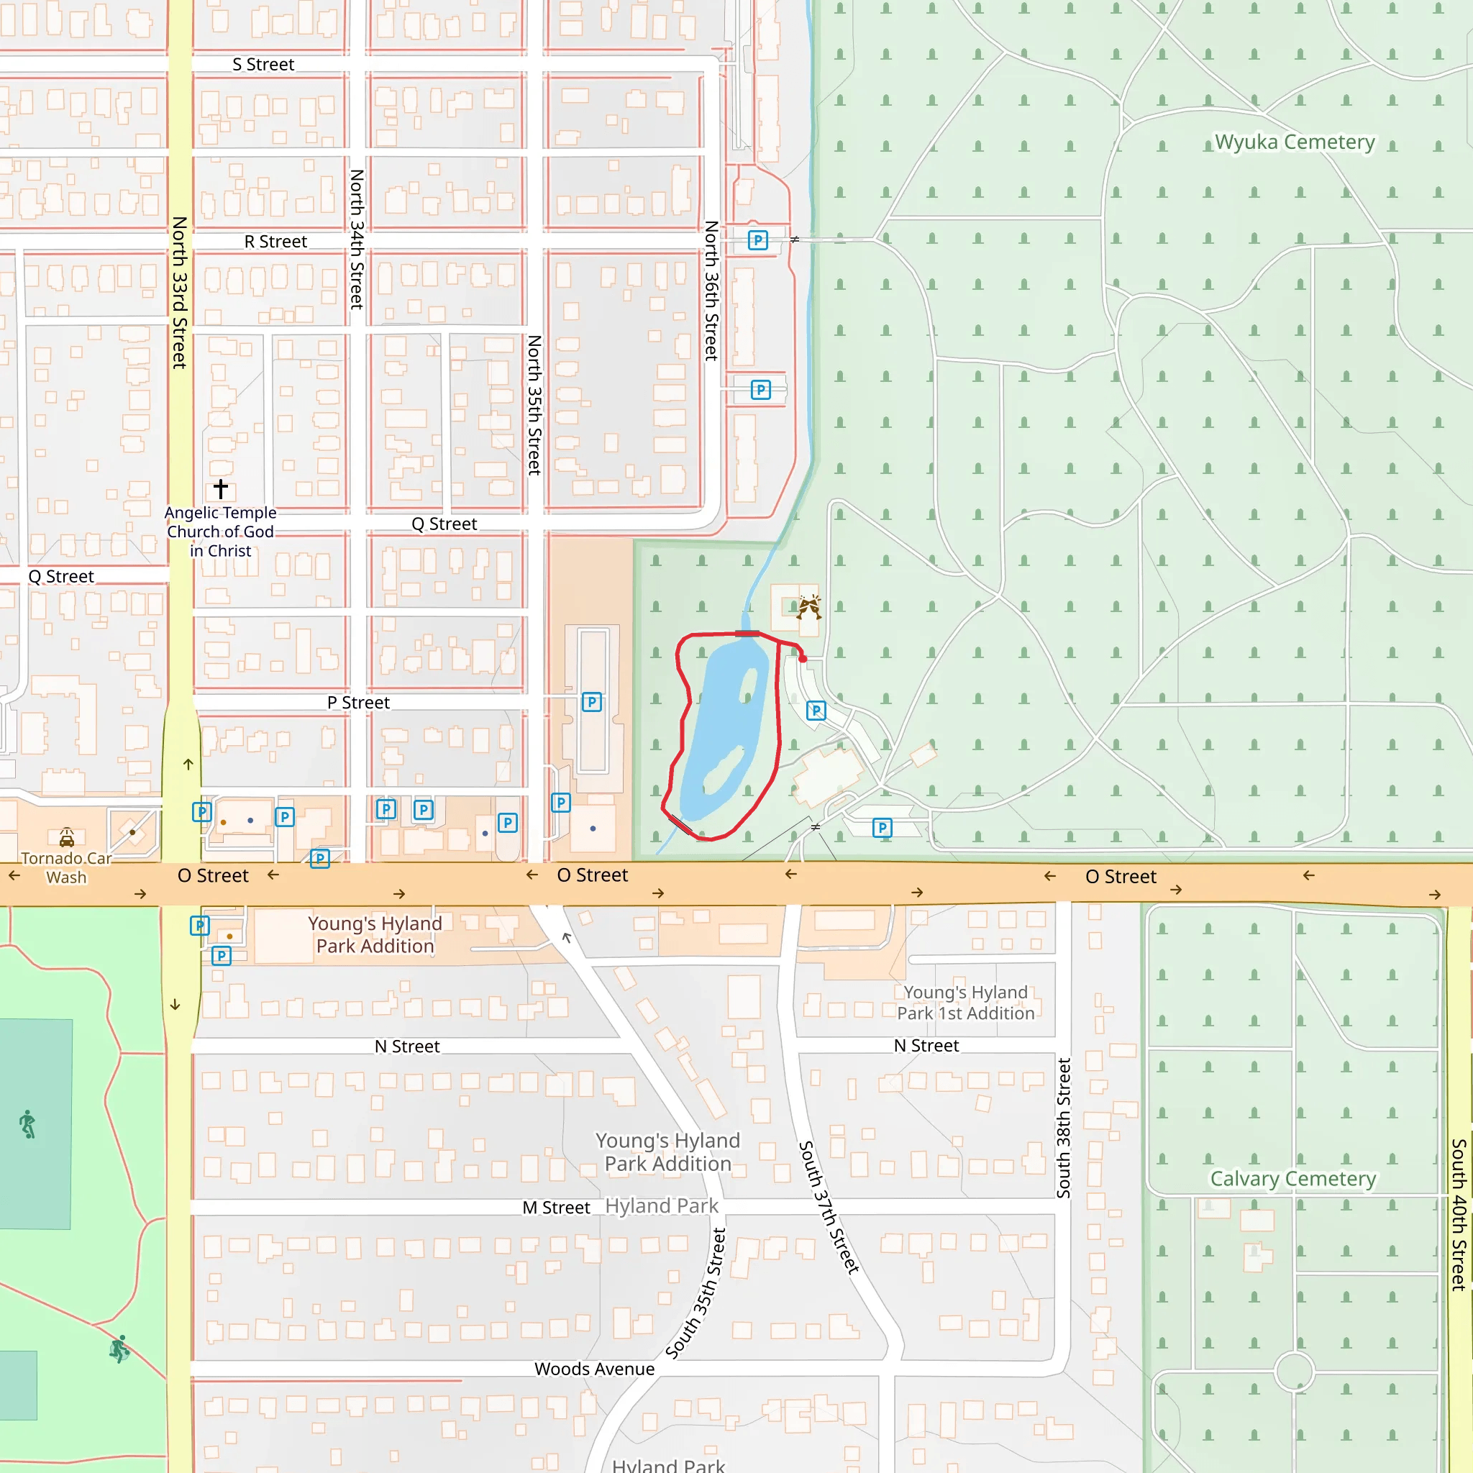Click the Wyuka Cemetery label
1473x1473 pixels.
coord(1295,142)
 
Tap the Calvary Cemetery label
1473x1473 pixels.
coord(1293,1179)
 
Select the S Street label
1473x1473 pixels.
coord(263,65)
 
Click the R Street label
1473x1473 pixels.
coord(275,242)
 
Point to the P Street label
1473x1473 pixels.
coord(358,702)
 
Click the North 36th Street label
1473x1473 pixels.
coord(711,291)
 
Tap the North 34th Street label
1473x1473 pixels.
coord(357,239)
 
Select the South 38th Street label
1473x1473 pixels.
coord(1064,1128)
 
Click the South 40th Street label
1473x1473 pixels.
coord(1459,1214)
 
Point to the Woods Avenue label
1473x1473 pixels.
coord(594,1369)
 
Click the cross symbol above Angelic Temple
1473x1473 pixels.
coord(220,488)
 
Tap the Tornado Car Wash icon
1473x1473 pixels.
coord(67,838)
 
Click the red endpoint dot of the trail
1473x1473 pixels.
coord(803,659)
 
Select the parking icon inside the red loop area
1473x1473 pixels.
coord(816,711)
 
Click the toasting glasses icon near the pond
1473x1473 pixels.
coord(808,607)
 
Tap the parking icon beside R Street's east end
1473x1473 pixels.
coord(757,240)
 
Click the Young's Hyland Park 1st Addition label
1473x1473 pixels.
coord(965,1003)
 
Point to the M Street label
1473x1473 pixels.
coord(556,1208)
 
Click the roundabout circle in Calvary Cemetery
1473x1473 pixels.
coord(1294,1372)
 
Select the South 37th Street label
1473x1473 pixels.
coord(828,1207)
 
